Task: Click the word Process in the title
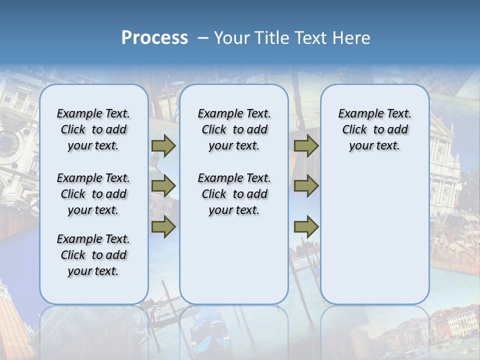pyautogui.click(x=154, y=37)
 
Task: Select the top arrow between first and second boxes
pyautogui.click(x=163, y=145)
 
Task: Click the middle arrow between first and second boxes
pyautogui.click(x=163, y=186)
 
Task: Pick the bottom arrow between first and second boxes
pyautogui.click(x=163, y=227)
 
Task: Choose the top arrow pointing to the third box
pyautogui.click(x=306, y=145)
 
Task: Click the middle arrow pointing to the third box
pyautogui.click(x=306, y=186)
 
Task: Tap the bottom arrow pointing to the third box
pyautogui.click(x=306, y=227)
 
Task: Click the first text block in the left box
pyautogui.click(x=93, y=129)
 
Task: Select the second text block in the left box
pyautogui.click(x=93, y=194)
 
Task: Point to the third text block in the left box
pyautogui.click(x=93, y=255)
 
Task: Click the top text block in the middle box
pyautogui.click(x=234, y=129)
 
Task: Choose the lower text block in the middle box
pyautogui.click(x=234, y=194)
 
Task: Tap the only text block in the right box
pyautogui.click(x=374, y=129)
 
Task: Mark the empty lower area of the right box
pyautogui.click(x=374, y=235)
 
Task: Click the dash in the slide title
pyautogui.click(x=203, y=38)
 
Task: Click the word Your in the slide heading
pyautogui.click(x=232, y=38)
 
